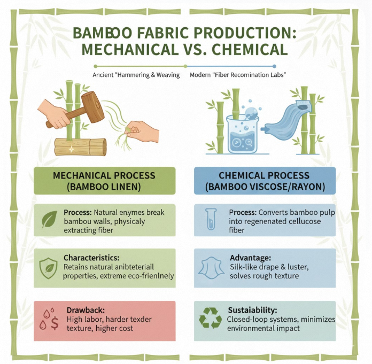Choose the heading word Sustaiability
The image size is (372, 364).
(x=252, y=309)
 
